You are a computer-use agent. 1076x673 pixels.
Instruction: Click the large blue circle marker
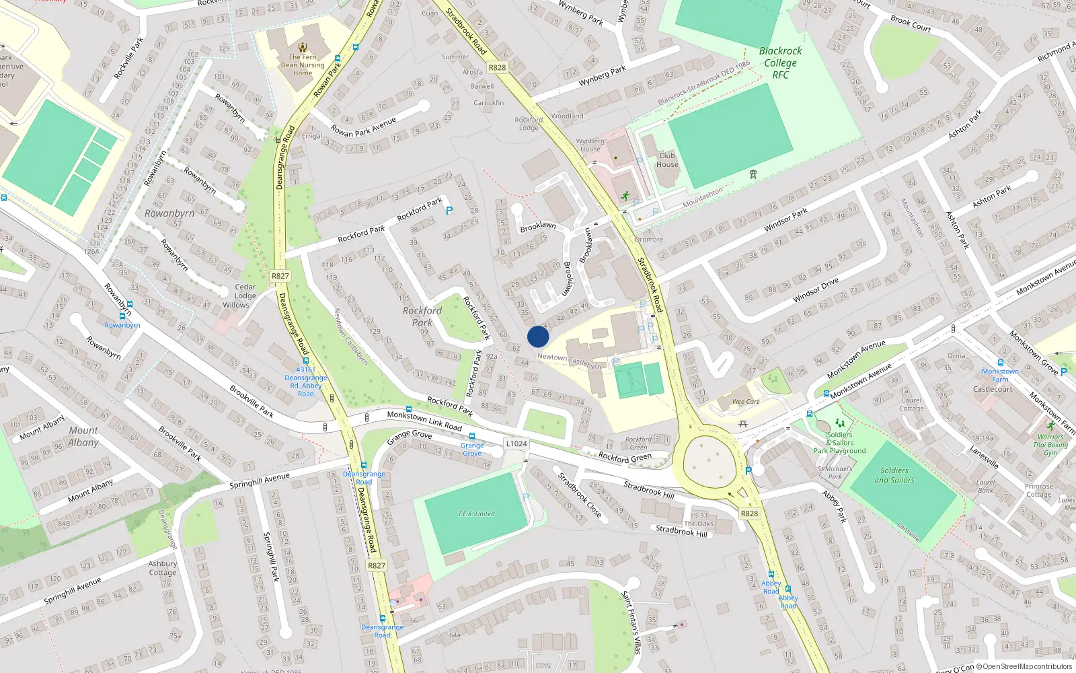coord(538,336)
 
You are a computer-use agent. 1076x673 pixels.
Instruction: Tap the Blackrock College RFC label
coord(780,63)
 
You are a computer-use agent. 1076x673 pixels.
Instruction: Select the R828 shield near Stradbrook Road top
coord(497,67)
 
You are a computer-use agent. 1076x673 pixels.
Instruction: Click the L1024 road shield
coord(516,444)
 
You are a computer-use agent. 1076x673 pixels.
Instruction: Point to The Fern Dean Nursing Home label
coord(303,65)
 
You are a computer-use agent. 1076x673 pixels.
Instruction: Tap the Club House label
coord(667,160)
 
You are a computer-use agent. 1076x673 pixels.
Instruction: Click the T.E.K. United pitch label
coord(476,513)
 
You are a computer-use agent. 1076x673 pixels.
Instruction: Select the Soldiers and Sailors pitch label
coord(894,475)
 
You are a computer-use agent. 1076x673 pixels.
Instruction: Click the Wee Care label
coord(746,402)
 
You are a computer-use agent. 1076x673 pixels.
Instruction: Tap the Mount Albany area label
coord(83,436)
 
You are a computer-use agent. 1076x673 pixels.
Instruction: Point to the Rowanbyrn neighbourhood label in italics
coord(169,213)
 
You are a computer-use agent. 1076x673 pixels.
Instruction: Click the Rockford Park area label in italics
coord(422,316)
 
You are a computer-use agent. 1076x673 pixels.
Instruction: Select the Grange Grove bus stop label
coord(472,449)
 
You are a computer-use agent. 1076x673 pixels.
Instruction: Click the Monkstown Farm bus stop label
coord(1000,375)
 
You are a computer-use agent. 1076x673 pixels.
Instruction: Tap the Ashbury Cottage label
coord(163,568)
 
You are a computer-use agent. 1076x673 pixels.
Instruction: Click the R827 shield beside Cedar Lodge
coord(280,276)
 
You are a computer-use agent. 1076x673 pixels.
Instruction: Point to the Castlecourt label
coord(993,389)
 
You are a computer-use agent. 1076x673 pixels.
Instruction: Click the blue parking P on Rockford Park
coord(449,211)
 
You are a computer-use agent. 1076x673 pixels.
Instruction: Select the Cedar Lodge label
coord(245,291)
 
